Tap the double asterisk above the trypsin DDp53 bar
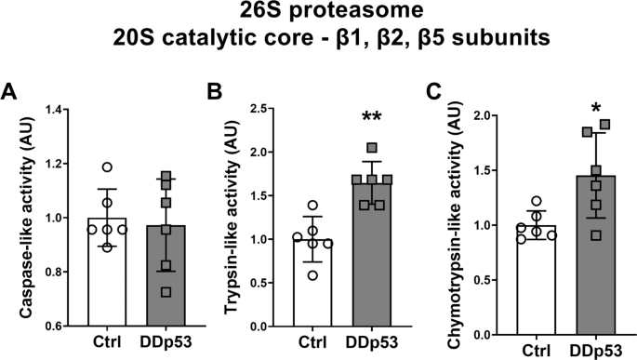pyautogui.click(x=372, y=119)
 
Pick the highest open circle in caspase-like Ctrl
pyautogui.click(x=109, y=167)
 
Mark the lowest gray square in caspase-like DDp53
pyautogui.click(x=166, y=291)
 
